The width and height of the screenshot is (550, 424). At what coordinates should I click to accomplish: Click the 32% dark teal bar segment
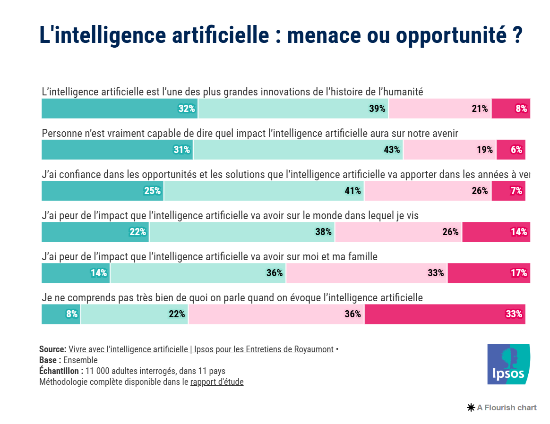click(x=120, y=109)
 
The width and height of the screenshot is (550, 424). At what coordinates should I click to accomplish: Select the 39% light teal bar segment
click(x=293, y=109)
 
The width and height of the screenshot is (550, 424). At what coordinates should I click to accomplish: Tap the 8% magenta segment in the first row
click(x=510, y=109)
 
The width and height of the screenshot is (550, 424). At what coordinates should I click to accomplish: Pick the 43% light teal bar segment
click(x=298, y=150)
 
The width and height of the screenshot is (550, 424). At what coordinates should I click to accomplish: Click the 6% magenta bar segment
click(x=510, y=150)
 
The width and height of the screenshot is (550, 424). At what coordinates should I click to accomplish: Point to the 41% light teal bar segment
click(x=264, y=191)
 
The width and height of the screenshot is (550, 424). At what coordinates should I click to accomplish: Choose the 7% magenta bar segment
click(x=508, y=191)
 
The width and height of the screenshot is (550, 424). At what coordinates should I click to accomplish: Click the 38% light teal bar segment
click(x=242, y=232)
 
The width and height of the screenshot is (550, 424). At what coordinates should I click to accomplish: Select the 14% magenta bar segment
click(x=496, y=232)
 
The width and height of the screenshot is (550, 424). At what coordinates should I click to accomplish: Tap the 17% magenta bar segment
click(x=489, y=273)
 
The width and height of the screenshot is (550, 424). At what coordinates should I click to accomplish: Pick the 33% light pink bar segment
click(x=366, y=273)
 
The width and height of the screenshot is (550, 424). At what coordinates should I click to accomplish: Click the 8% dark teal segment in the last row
click(x=61, y=314)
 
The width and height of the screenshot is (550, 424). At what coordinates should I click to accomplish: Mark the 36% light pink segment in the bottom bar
click(x=276, y=314)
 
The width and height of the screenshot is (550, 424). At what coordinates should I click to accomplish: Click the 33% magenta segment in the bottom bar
click(x=445, y=314)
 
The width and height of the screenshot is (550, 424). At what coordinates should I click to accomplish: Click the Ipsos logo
click(x=508, y=364)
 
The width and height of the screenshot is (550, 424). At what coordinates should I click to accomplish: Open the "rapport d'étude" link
click(x=217, y=382)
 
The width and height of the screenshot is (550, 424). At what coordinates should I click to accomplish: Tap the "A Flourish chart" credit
click(x=502, y=407)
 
